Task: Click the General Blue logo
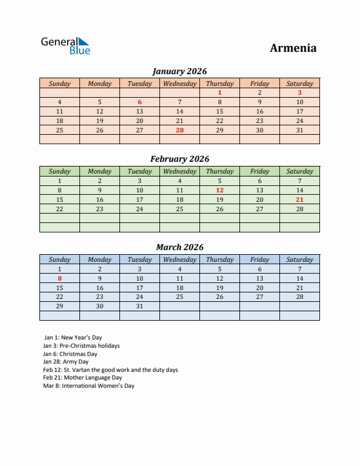coord(65,46)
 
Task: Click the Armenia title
coord(293,48)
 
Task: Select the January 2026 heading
coord(179,71)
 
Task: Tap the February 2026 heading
coord(179,159)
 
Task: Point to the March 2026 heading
coord(179,247)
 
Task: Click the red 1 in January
coord(219,92)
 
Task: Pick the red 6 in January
coord(139,102)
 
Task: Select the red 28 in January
coord(179,130)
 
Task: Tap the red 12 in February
coord(219,190)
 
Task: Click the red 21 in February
coord(299,199)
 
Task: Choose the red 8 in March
coord(59,278)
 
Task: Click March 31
coord(139,307)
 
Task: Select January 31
coord(299,130)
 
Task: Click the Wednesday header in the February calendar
coord(179,171)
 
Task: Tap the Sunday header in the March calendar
coord(59,259)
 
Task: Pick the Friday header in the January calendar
coord(259,84)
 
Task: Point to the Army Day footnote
coord(65,362)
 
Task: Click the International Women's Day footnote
coord(88,386)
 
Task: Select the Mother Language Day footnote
coord(82,378)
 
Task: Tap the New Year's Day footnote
coord(72,338)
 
